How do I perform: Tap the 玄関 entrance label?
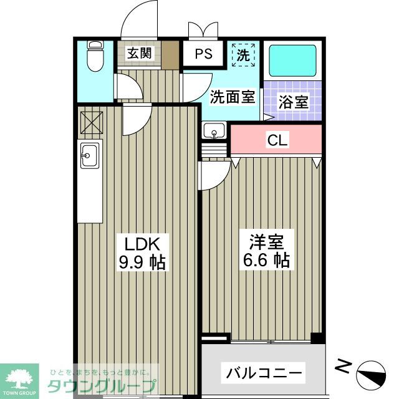click(140, 53)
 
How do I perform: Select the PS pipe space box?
click(203, 54)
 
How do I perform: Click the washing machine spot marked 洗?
click(244, 54)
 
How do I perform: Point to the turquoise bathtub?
click(291, 61)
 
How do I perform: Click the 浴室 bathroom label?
click(293, 102)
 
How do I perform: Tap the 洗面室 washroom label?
click(232, 97)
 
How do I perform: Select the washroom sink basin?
click(214, 132)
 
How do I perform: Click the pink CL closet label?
click(277, 140)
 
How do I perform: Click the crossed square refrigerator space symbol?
click(92, 122)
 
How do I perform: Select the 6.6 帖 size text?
click(266, 261)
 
